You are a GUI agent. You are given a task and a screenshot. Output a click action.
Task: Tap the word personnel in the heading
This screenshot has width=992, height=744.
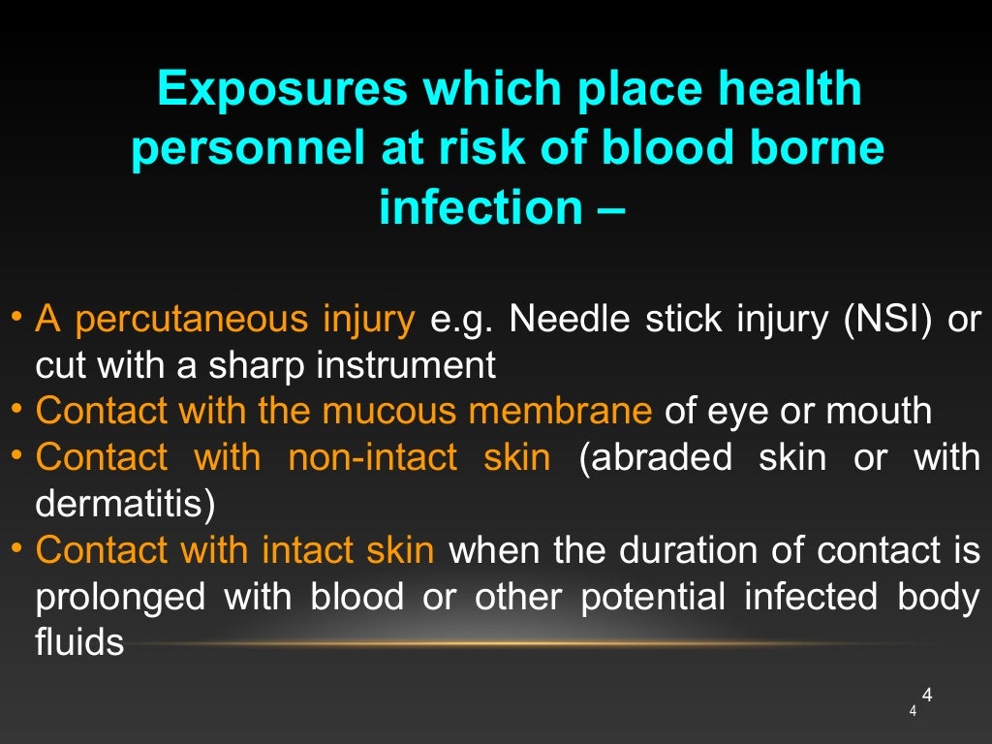241,149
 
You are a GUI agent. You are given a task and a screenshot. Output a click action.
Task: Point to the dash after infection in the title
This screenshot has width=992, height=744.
609,207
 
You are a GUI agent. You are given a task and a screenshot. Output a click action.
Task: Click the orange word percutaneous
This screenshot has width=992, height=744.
193,320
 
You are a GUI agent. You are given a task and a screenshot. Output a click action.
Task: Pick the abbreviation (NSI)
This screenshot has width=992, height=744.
883,319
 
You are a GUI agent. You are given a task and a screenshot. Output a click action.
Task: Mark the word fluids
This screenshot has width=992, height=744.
79,642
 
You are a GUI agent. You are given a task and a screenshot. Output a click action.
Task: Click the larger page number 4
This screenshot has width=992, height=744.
926,695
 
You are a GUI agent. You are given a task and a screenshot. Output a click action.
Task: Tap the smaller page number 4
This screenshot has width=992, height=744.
913,712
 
